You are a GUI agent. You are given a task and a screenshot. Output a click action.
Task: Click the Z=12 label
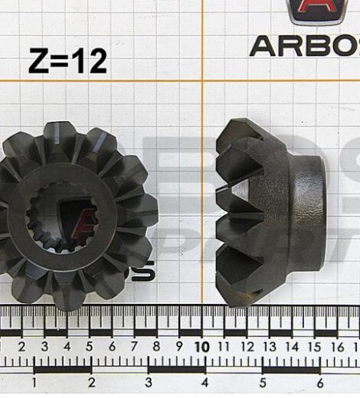67,60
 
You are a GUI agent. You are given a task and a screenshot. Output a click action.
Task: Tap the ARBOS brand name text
305,45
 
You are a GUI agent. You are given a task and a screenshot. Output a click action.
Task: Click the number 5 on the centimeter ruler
90,347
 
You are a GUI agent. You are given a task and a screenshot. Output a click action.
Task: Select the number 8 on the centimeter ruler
156,347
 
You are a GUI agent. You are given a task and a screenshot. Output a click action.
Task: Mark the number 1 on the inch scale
34,382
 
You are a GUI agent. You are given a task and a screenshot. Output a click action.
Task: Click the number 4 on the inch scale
205,382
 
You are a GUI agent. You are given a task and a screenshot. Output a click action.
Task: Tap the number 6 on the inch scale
319,382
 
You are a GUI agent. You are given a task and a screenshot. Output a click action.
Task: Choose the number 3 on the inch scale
148,382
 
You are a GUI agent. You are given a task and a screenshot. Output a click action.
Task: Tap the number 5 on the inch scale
263,382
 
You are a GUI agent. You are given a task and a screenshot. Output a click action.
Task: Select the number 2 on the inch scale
91,382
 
